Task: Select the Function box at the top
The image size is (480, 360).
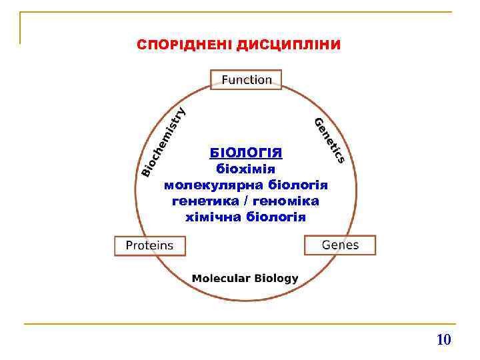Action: click(x=247, y=80)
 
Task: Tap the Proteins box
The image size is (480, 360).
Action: click(x=149, y=245)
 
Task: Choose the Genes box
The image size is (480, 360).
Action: click(x=340, y=245)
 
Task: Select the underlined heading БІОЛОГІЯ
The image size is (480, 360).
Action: click(x=246, y=153)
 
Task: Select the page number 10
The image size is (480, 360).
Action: click(x=443, y=340)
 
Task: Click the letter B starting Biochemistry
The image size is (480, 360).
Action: click(x=145, y=173)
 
